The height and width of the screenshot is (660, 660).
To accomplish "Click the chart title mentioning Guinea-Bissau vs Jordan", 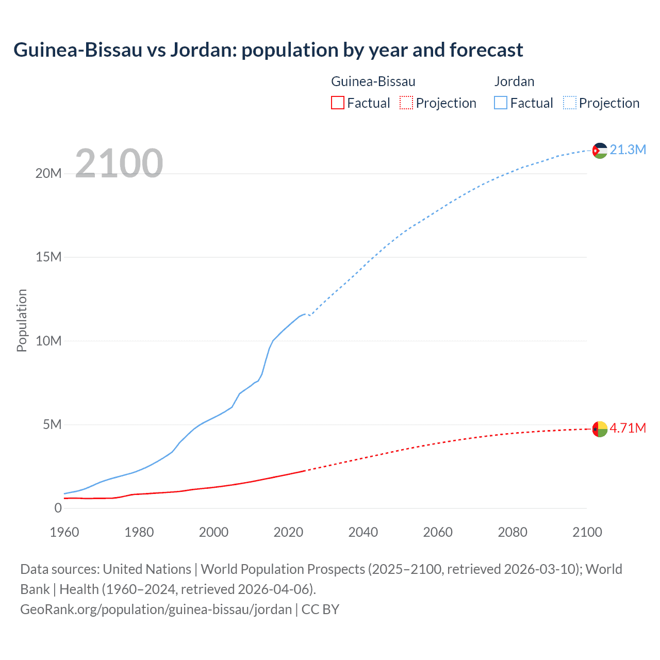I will [268, 50].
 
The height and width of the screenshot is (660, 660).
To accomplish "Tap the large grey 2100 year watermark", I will [119, 163].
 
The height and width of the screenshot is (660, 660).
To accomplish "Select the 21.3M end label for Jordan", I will [628, 150].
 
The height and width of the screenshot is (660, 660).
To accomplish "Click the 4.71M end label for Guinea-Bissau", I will [628, 428].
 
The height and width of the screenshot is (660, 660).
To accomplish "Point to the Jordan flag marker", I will [600, 151].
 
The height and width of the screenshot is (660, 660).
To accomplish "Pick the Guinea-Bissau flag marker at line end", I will [600, 429].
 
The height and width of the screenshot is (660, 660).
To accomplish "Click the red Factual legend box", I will [338, 103].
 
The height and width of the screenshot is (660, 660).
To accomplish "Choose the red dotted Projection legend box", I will [406, 103].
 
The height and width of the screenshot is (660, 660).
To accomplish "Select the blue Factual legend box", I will [501, 103].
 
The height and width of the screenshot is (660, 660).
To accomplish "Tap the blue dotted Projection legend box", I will [570, 103].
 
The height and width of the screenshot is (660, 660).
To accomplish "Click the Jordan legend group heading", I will [514, 81].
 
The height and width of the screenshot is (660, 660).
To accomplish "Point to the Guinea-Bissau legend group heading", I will [373, 81].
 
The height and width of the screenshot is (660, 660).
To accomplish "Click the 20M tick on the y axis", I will [48, 173].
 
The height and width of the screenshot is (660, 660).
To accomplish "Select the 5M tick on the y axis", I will [52, 424].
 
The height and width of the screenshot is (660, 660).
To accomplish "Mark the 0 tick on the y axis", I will [58, 508].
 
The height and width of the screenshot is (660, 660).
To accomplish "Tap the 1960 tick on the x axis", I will [64, 532].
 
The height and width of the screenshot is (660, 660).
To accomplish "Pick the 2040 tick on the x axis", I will [363, 532].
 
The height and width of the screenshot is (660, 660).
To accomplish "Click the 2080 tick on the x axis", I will [513, 532].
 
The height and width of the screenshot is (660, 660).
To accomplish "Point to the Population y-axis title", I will [22, 320].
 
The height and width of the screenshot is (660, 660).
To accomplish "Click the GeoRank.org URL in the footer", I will [156, 609].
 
